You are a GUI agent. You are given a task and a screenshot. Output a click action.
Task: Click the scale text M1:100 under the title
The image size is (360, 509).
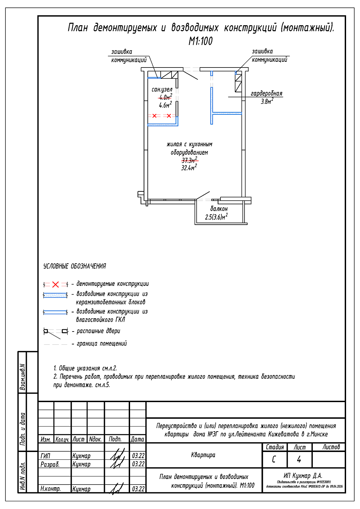pyautogui.click(x=200, y=41)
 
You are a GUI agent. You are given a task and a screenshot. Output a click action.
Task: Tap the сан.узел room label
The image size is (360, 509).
pyautogui.click(x=162, y=90)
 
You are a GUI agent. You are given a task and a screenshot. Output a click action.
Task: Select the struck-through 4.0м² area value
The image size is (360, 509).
pyautogui.click(x=165, y=97)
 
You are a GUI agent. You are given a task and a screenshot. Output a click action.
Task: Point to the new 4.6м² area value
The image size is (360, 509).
pyautogui.click(x=165, y=105)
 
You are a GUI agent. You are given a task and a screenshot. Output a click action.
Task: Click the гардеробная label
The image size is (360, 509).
pyautogui.click(x=266, y=93)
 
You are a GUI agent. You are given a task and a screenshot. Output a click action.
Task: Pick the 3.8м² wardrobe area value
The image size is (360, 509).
pyautogui.click(x=267, y=101)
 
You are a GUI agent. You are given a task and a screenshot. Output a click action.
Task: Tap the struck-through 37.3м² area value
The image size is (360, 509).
pyautogui.click(x=190, y=160)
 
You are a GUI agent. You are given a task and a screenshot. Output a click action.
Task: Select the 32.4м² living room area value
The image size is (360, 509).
pyautogui.click(x=189, y=168)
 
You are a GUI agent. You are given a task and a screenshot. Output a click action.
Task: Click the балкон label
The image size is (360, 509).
pyautogui.click(x=219, y=209)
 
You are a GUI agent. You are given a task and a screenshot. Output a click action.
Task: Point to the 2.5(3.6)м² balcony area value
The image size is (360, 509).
pyautogui.click(x=216, y=217)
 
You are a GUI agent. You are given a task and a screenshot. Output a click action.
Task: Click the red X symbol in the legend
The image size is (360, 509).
pyautogui.click(x=55, y=284)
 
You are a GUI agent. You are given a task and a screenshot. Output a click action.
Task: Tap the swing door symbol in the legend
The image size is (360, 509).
pyautogui.click(x=55, y=332)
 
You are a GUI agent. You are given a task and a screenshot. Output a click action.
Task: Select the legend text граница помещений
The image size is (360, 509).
pyautogui.click(x=102, y=343)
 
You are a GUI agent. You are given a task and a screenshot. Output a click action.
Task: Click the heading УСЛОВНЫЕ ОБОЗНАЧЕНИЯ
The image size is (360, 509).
pyautogui.click(x=75, y=266)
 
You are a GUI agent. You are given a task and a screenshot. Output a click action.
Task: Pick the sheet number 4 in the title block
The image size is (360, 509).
pyautogui.click(x=299, y=459)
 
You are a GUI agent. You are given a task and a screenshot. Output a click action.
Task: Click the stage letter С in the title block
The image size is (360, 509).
pyautogui.click(x=274, y=459)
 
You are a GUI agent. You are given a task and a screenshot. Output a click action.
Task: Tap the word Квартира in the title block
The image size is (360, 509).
pyautogui.click(x=203, y=455)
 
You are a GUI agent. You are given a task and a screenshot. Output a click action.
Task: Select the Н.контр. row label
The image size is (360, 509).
pyautogui.click(x=50, y=489)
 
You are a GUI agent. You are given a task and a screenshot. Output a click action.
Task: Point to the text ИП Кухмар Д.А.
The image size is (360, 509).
pyautogui.click(x=303, y=476)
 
